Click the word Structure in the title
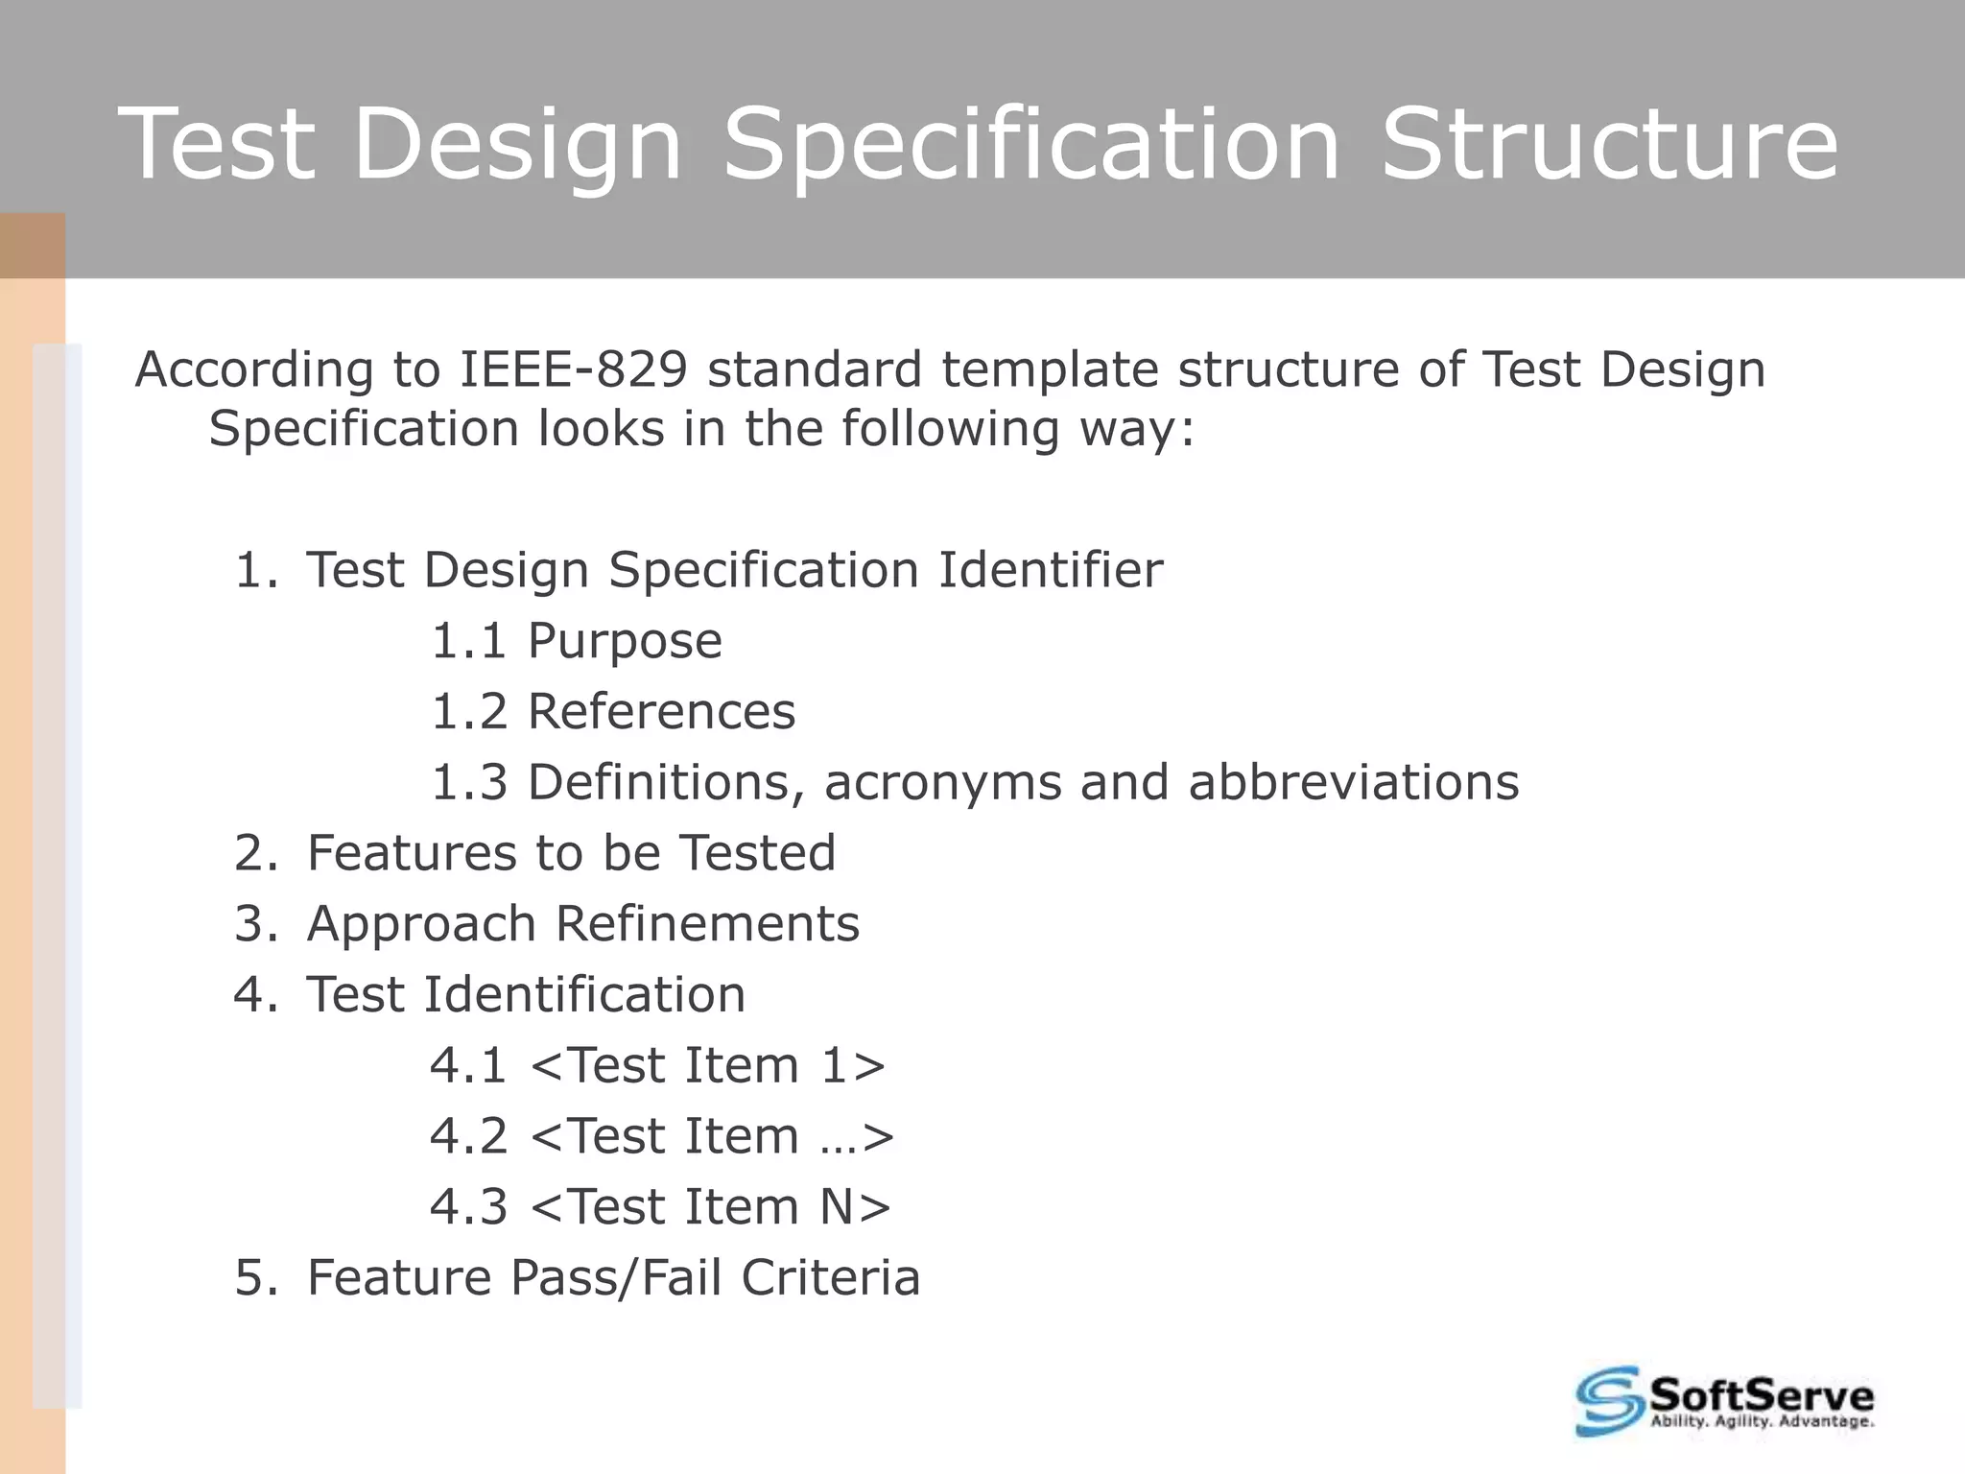tap(1609, 144)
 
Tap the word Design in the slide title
tap(517, 144)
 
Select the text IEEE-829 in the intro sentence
tap(574, 369)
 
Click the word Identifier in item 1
tap(1050, 570)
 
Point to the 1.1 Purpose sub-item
tap(576, 641)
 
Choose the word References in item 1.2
tap(661, 712)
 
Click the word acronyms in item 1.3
tap(942, 782)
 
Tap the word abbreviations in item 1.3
tap(1353, 782)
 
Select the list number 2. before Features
tap(255, 853)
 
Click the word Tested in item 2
tap(757, 853)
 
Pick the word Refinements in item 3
tap(707, 924)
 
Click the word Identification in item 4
tap(583, 995)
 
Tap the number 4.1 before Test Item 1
tap(467, 1066)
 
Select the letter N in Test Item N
tap(837, 1207)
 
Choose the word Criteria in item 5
tap(830, 1278)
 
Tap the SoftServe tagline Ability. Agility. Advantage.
tap(1761, 1422)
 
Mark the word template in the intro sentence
tap(1051, 369)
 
